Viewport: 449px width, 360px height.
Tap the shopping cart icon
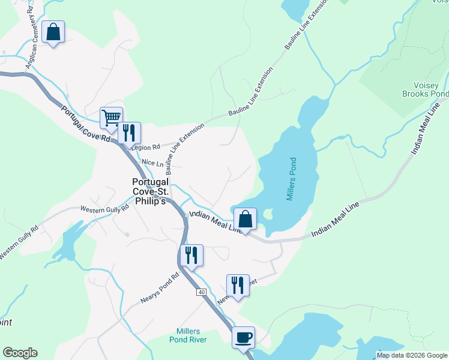coord(111,118)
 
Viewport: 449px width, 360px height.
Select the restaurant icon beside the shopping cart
coord(129,133)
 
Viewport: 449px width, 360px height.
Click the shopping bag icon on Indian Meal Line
coord(245,219)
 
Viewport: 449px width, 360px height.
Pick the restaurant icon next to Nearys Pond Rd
coord(191,256)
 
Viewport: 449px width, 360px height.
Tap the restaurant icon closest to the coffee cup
coord(238,286)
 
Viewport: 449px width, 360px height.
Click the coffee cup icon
coord(243,337)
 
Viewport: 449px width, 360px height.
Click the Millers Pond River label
coord(192,335)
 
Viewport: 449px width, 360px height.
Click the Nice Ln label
coord(152,163)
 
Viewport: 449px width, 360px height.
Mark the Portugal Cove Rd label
coord(86,124)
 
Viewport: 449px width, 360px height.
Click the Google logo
coord(20,353)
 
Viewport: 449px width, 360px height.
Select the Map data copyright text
coord(412,355)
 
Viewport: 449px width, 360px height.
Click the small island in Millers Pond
coord(268,214)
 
